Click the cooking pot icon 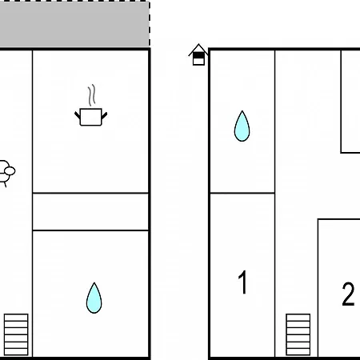tap(91, 117)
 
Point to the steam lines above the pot tap(91, 95)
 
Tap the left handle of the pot tap(77, 115)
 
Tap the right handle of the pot tap(105, 115)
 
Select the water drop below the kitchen tap(94, 298)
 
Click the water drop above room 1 tap(242, 126)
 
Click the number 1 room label tap(242, 282)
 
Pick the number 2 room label tap(348, 294)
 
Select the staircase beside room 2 tap(298, 334)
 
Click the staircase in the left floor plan tap(16, 334)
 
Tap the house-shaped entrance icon tap(198, 54)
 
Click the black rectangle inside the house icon tap(198, 55)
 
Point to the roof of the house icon tap(198, 48)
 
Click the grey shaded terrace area tap(74, 25)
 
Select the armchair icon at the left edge tap(6, 173)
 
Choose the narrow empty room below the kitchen tap(90, 211)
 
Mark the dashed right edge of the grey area tap(150, 24)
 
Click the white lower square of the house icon tap(198, 62)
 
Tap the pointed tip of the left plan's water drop tap(94, 283)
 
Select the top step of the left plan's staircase tap(16, 317)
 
